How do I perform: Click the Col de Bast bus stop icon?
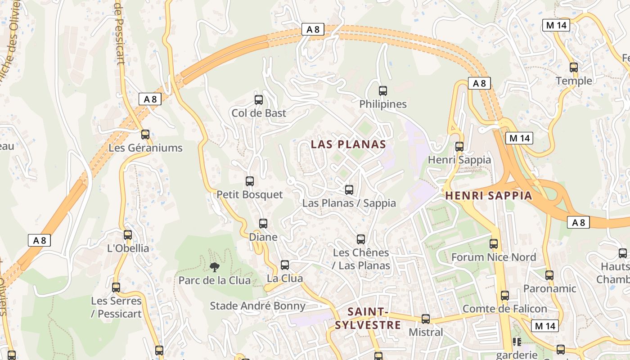[x=259, y=100]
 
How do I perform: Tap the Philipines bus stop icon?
[x=383, y=91]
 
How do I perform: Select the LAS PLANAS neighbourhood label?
[x=348, y=144]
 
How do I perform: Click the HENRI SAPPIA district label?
[x=489, y=196]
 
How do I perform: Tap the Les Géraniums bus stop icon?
[x=145, y=135]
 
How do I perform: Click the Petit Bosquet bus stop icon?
[x=250, y=181]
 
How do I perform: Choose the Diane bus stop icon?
[x=263, y=224]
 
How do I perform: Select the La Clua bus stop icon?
[x=285, y=265]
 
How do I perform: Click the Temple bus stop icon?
[x=574, y=67]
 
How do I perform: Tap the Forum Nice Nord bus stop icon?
[x=494, y=244]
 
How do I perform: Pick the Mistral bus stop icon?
[x=426, y=319]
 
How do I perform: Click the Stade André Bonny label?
[x=257, y=306]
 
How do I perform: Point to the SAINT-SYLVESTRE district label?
[x=368, y=318]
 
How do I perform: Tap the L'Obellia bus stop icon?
[x=128, y=235]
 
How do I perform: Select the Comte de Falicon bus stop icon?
[x=505, y=296]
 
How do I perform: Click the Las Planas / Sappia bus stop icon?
[x=349, y=190]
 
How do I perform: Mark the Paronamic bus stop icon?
[x=549, y=275]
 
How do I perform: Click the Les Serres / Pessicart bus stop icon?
[x=116, y=288]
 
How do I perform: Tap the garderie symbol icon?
[x=517, y=342]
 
